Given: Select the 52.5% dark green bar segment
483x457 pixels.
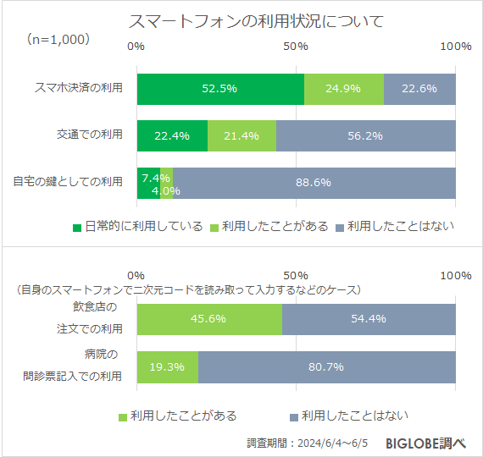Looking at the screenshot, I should coord(219,88).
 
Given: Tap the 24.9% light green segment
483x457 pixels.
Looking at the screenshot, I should coord(343,88).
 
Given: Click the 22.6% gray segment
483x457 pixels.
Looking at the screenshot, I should coord(419,88).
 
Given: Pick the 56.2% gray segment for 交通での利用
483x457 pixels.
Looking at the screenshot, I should coord(365,135).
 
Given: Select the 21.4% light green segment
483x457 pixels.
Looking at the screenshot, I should coord(241,135).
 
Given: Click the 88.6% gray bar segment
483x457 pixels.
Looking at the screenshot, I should coord(314,182).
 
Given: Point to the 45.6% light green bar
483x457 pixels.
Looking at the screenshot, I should coord(208,319).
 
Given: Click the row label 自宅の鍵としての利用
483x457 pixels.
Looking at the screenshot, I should coord(68,181).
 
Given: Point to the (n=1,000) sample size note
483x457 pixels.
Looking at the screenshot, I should coord(58,40).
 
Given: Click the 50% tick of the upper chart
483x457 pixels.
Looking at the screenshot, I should coord(296,46).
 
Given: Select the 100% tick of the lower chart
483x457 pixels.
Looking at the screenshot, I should coord(455,276).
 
